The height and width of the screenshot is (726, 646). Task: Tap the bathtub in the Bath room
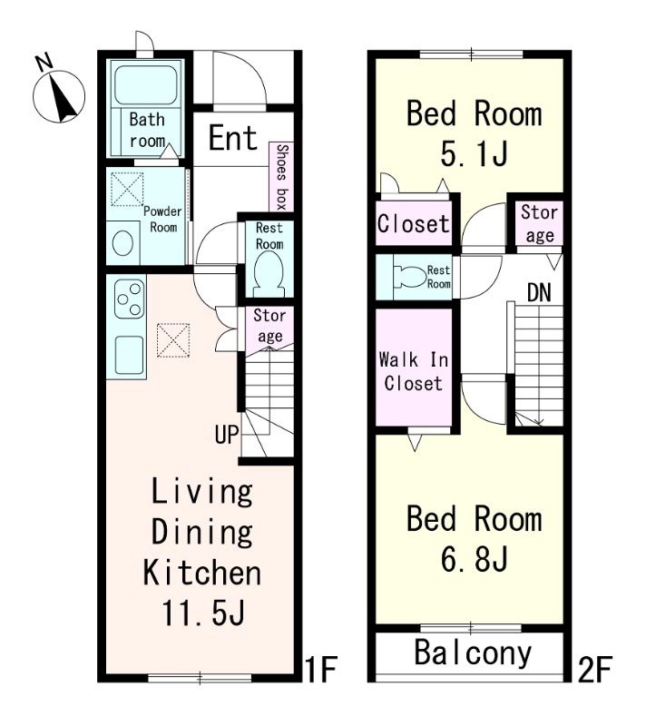click(146, 84)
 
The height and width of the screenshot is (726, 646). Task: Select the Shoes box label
click(282, 176)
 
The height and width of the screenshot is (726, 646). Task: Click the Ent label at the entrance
click(233, 138)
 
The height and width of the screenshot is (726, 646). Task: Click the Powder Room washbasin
click(123, 243)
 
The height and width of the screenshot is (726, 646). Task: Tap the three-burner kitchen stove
click(129, 299)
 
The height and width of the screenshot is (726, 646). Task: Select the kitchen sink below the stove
click(130, 354)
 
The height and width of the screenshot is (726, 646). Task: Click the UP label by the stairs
click(227, 435)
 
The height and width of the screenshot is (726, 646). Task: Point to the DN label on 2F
click(539, 292)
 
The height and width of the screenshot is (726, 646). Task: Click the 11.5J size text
click(202, 612)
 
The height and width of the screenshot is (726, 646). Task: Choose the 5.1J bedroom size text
click(475, 153)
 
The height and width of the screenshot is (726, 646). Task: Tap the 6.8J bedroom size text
click(475, 558)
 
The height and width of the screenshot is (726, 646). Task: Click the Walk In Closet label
click(413, 371)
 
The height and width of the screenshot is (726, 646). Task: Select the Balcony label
click(473, 653)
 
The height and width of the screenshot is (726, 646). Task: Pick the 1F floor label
click(321, 669)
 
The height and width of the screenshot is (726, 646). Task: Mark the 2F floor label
click(595, 669)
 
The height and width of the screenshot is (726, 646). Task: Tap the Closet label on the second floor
click(413, 223)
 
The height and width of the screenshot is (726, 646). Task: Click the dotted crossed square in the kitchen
click(173, 339)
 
